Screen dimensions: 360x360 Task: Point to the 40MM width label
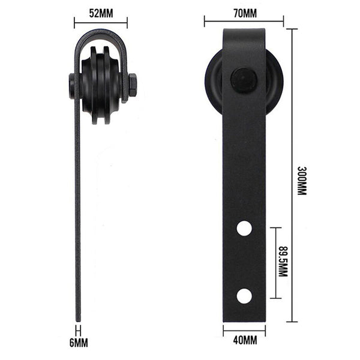point(244,341)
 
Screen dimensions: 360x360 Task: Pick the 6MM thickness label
point(79,343)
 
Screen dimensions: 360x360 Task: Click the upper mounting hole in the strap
point(244,228)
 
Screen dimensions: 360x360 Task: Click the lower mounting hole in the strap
point(244,296)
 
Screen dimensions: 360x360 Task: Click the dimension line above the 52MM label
point(100,23)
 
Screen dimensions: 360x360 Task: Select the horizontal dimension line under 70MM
point(243,22)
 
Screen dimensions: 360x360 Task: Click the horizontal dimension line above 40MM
point(244,329)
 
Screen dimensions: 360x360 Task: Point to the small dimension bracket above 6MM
point(78,329)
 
